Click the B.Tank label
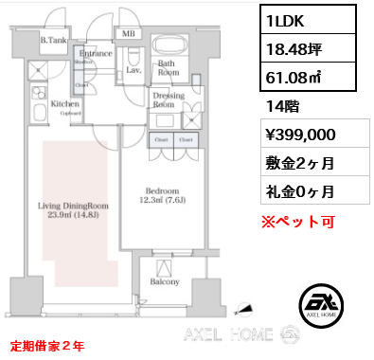coord(52,40)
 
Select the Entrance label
coord(97,54)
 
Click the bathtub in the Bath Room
coord(169,46)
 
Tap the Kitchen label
coord(64,103)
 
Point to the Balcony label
coord(165,281)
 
